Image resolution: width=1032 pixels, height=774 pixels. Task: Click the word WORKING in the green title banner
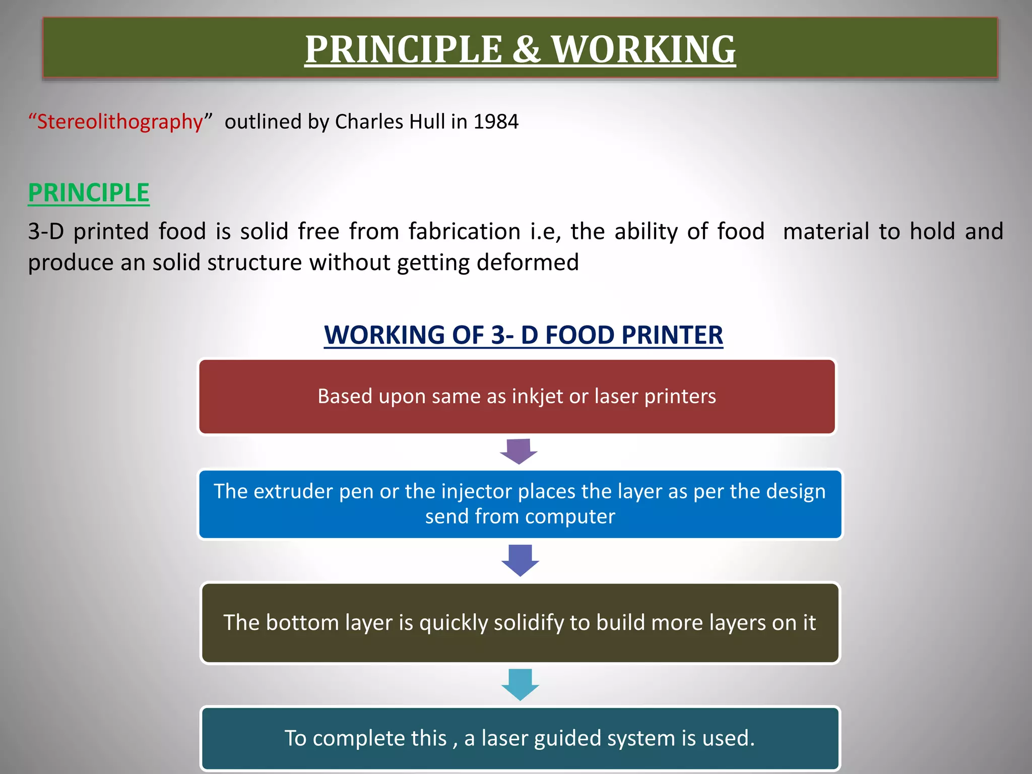click(643, 49)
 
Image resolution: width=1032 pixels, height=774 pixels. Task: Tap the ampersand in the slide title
click(527, 49)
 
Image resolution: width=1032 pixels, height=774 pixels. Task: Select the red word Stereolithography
click(120, 122)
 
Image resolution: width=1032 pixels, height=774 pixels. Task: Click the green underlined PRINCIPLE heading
click(89, 193)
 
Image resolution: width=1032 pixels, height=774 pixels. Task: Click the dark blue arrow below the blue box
click(520, 560)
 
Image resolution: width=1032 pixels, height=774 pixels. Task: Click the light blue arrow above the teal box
click(520, 684)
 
